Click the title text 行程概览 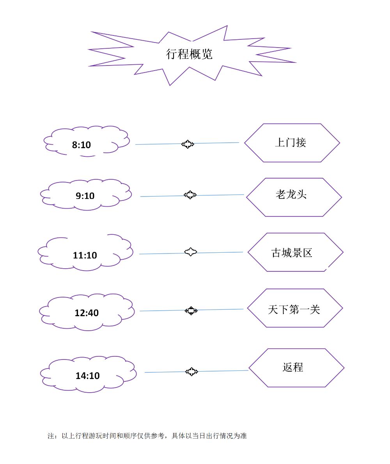pyautogui.click(x=189, y=54)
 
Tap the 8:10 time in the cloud pyautogui.click(x=81, y=145)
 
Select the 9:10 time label pyautogui.click(x=85, y=196)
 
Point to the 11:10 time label pyautogui.click(x=85, y=255)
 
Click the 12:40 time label pyautogui.click(x=87, y=313)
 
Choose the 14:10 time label pyautogui.click(x=87, y=376)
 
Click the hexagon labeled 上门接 pyautogui.click(x=292, y=143)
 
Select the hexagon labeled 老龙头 pyautogui.click(x=294, y=197)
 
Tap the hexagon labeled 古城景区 pyautogui.click(x=295, y=253)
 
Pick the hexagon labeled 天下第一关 pyautogui.click(x=295, y=308)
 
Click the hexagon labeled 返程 pyautogui.click(x=296, y=368)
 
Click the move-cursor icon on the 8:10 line pyautogui.click(x=188, y=144)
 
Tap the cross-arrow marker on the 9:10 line pyautogui.click(x=190, y=195)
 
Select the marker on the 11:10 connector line pyautogui.click(x=190, y=252)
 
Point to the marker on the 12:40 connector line pyautogui.click(x=191, y=311)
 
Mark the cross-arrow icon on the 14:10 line pyautogui.click(x=191, y=372)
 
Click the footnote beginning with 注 pyautogui.click(x=147, y=436)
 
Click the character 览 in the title pyautogui.click(x=207, y=54)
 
